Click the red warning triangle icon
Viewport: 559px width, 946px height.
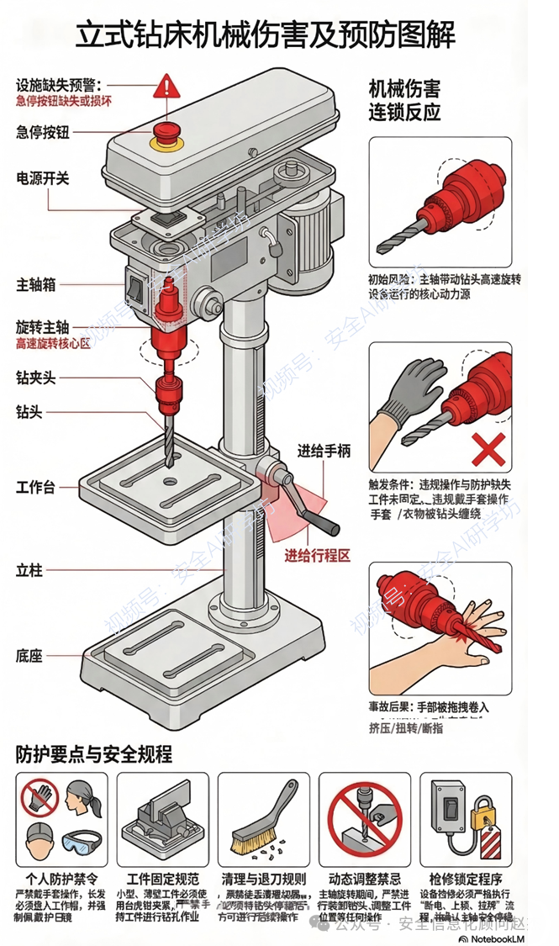click(167, 85)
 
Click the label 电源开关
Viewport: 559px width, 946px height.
click(43, 178)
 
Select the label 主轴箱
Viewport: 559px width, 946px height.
click(36, 284)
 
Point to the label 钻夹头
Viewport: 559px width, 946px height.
click(36, 378)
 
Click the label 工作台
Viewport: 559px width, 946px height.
click(36, 487)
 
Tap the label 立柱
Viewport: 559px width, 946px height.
click(29, 570)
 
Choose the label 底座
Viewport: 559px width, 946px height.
click(29, 655)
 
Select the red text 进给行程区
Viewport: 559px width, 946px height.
click(316, 555)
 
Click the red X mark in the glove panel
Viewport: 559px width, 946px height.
click(488, 450)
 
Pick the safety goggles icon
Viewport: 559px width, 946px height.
click(82, 840)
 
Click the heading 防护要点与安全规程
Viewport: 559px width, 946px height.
click(94, 754)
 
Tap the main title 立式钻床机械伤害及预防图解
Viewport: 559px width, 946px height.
click(266, 35)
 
